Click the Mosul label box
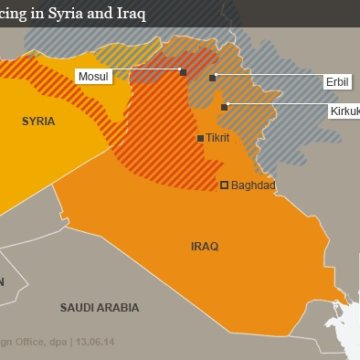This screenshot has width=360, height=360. pos(95,73)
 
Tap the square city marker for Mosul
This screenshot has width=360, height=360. pos(182,72)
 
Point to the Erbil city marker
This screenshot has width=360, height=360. pos(213,76)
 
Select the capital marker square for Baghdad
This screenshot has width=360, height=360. pos(224,184)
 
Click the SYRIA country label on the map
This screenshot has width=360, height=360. pos(39,121)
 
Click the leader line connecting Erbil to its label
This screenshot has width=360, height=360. pos(265,77)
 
